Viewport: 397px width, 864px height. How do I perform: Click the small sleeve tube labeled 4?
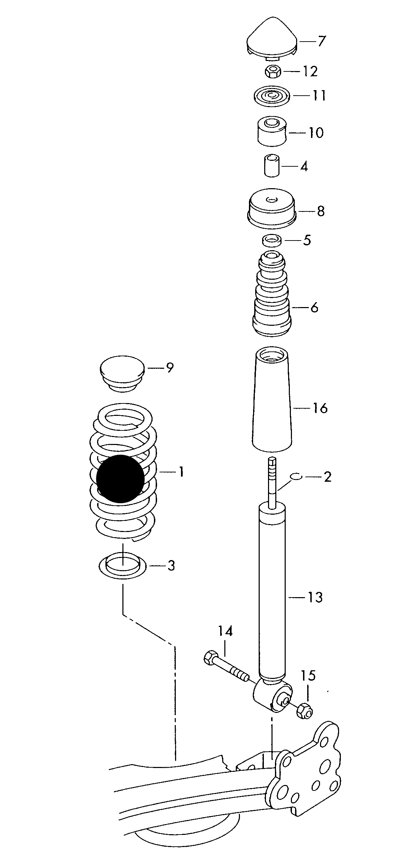tap(272, 166)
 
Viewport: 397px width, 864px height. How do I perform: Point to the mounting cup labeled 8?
tap(272, 210)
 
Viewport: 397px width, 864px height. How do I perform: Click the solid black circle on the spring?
tap(120, 479)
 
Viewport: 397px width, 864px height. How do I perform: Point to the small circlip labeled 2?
tap(296, 477)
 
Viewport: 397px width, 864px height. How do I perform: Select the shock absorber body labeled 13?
tap(273, 589)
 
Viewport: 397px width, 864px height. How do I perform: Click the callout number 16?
tap(320, 408)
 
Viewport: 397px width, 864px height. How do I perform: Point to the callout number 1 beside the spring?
tap(181, 472)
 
